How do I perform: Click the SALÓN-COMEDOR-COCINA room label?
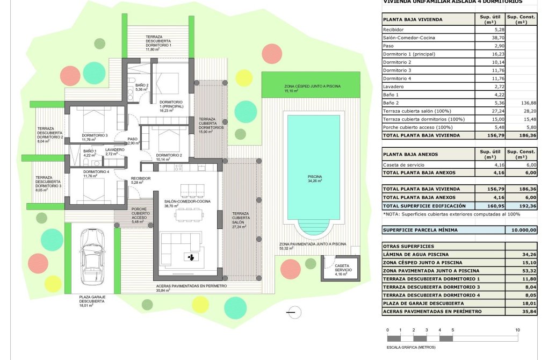(x=188, y=201)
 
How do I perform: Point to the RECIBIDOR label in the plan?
(x=141, y=178)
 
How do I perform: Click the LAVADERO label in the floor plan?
(x=115, y=150)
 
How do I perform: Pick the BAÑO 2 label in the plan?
(x=142, y=85)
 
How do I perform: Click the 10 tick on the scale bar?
(x=517, y=330)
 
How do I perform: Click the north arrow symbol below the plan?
(x=291, y=311)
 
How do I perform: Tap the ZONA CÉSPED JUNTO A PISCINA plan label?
(x=312, y=86)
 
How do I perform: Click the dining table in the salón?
(x=190, y=215)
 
